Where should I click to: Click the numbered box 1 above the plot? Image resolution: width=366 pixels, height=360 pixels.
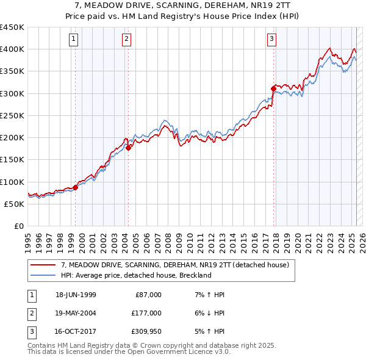[73, 40]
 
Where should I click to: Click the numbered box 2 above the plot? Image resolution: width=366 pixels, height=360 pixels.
[126, 40]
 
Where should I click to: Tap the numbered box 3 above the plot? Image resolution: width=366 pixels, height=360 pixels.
[271, 40]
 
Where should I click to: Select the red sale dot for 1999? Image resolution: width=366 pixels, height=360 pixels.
[76, 187]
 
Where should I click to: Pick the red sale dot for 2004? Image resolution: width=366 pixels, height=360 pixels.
[129, 147]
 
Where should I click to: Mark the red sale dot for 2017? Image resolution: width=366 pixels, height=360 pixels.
[273, 89]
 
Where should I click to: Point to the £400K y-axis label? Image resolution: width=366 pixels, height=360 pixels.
[12, 49]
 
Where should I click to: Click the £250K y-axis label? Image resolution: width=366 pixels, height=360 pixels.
[12, 115]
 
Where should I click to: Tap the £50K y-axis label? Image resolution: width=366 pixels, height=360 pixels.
[15, 204]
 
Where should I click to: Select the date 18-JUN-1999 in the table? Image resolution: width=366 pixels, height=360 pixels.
[76, 295]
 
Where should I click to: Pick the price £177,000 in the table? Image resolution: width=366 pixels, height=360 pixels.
[146, 313]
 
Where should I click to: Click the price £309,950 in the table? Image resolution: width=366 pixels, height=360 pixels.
[146, 331]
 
